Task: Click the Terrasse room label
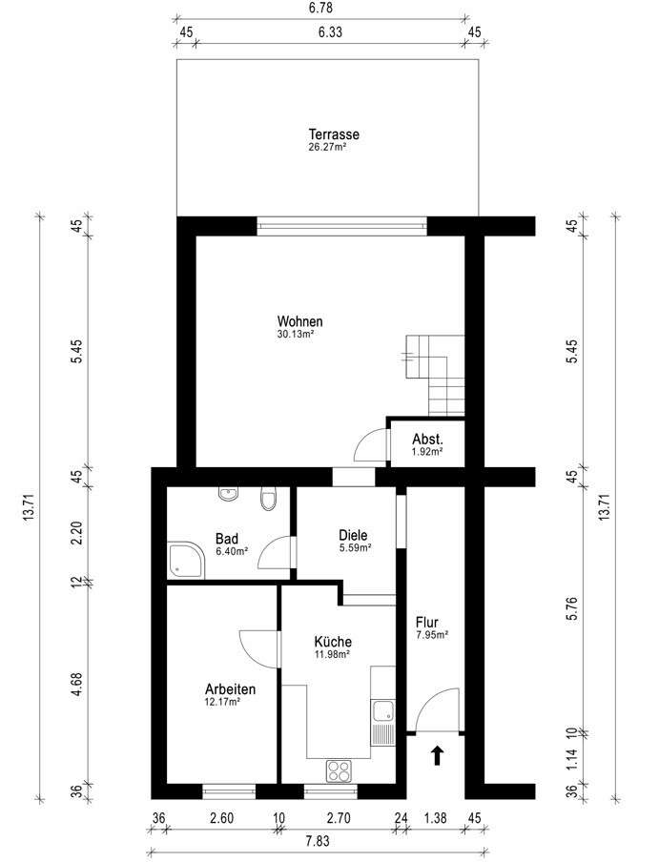pyautogui.click(x=334, y=134)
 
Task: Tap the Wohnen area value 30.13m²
pyautogui.click(x=296, y=334)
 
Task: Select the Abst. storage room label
pyautogui.click(x=427, y=440)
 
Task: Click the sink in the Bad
pyautogui.click(x=228, y=493)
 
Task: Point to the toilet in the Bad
pyautogui.click(x=268, y=498)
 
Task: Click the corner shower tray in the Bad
pyautogui.click(x=186, y=560)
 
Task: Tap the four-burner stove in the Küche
pyautogui.click(x=339, y=770)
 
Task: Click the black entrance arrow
pyautogui.click(x=437, y=755)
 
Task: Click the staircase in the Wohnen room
pyautogui.click(x=435, y=375)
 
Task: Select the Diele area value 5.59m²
pyautogui.click(x=355, y=547)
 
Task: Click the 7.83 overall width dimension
pyautogui.click(x=318, y=841)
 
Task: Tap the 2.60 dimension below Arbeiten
pyautogui.click(x=222, y=818)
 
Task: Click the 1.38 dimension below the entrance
pyautogui.click(x=435, y=818)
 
